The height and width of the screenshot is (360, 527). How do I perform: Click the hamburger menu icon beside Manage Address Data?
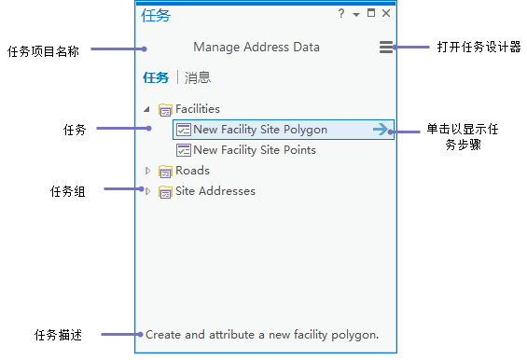[x=386, y=47]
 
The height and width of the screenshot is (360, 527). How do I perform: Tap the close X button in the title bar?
[x=386, y=13]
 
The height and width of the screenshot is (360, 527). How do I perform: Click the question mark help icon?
[x=341, y=13]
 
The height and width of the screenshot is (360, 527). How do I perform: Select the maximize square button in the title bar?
[x=371, y=13]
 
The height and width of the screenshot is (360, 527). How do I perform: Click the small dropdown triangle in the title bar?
[x=356, y=14]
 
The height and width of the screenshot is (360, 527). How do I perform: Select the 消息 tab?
[x=198, y=77]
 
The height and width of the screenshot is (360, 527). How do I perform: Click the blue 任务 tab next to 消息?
[x=156, y=77]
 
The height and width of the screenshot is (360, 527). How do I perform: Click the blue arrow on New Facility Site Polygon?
[x=381, y=129]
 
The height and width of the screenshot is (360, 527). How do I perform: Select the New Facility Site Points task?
[x=246, y=150]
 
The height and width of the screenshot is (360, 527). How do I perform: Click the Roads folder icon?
[x=165, y=171]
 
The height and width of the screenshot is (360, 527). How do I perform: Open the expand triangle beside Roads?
[x=147, y=171]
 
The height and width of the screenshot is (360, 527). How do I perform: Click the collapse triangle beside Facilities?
[x=146, y=109]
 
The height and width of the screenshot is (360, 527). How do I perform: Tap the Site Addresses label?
[x=215, y=191]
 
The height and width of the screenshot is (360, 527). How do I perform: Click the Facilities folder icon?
[x=165, y=109]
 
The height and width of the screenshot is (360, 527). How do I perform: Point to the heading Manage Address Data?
[x=257, y=47]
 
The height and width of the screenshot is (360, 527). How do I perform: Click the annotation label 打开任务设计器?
[x=478, y=47]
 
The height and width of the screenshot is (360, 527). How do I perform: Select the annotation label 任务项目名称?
[x=43, y=51]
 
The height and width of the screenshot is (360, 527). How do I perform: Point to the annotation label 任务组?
[x=67, y=191]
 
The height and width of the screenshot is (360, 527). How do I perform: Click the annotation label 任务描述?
[x=58, y=335]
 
